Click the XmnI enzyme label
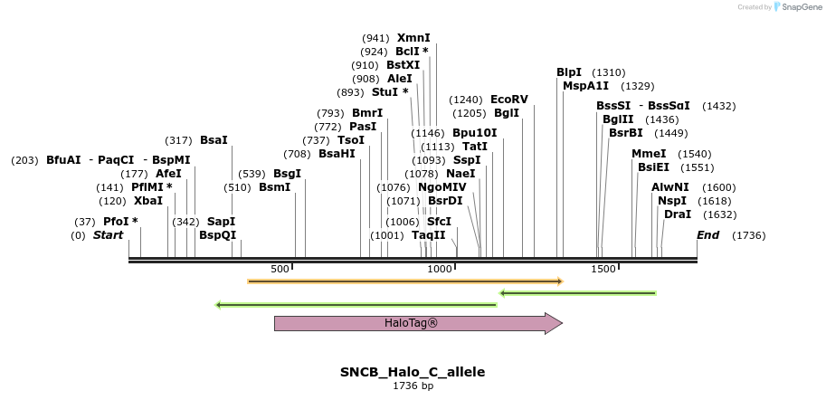pyautogui.click(x=413, y=38)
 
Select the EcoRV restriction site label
pyautogui.click(x=508, y=100)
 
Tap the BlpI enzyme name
pyautogui.click(x=569, y=72)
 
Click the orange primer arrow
pyautogui.click(x=404, y=281)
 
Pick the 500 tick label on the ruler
pyautogui.click(x=280, y=270)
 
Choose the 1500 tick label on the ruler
pyautogui.click(x=603, y=270)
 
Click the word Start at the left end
pyautogui.click(x=108, y=235)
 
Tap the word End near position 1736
pyautogui.click(x=708, y=235)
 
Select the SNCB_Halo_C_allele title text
pyautogui.click(x=413, y=372)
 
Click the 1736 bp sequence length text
pyautogui.click(x=413, y=386)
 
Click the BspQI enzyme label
pyautogui.click(x=217, y=235)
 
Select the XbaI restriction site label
pyautogui.click(x=148, y=201)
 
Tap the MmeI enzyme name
pyautogui.click(x=649, y=154)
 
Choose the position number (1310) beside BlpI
pyautogui.click(x=608, y=72)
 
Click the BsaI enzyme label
pyautogui.click(x=214, y=140)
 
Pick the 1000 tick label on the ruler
pyautogui.click(x=440, y=270)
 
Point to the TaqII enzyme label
pyautogui.click(x=429, y=235)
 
